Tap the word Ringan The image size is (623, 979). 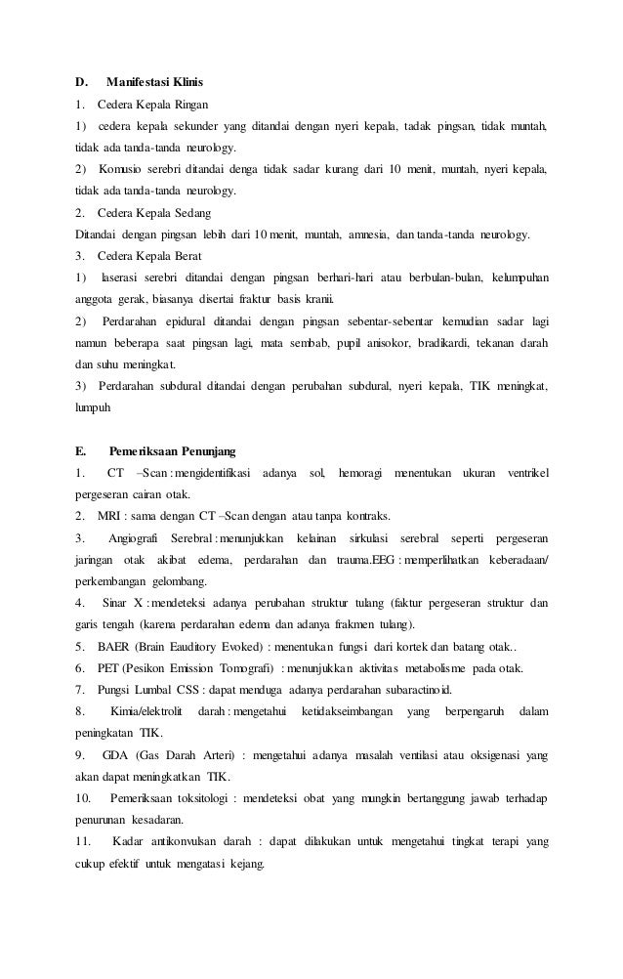point(187,105)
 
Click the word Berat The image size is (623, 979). point(185,257)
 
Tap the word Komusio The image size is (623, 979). point(121,170)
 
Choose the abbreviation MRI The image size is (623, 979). point(109,516)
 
